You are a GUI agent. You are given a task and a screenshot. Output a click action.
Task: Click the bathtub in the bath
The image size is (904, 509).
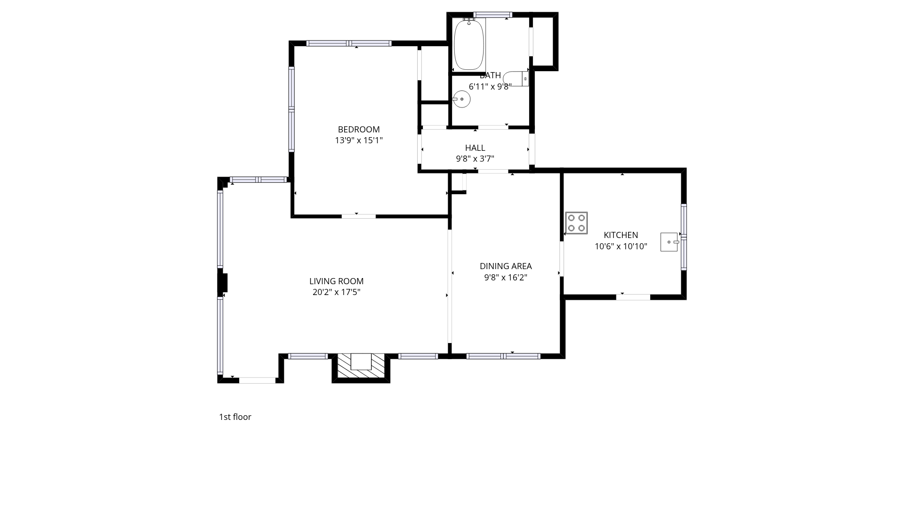point(469,44)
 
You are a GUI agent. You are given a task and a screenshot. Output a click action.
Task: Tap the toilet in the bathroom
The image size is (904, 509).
point(516,79)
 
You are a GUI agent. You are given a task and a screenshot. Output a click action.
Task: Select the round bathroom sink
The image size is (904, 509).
point(461,99)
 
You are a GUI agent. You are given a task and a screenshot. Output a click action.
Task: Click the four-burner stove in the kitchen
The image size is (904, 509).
point(576,223)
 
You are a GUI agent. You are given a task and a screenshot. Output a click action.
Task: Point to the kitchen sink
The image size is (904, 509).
point(670,242)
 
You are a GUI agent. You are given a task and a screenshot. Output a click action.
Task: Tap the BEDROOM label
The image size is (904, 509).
point(359,130)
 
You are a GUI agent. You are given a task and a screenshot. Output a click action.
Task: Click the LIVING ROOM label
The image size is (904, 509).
point(337,281)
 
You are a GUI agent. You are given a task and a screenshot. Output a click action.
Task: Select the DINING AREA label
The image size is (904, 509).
point(506,266)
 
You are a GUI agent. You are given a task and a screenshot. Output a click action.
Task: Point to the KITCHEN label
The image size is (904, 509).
point(621,235)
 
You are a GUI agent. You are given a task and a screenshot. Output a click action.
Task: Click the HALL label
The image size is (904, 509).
point(475,148)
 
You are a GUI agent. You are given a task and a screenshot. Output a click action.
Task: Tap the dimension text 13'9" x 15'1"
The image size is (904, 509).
point(359,140)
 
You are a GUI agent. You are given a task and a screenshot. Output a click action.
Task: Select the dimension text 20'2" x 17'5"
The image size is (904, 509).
point(337,292)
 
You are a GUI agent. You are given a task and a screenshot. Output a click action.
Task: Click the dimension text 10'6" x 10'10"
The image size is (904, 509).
point(621,246)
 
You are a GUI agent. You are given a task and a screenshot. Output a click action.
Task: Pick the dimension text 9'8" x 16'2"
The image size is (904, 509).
point(506,278)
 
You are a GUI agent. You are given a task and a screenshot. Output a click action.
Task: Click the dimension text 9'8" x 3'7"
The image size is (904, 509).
point(475,159)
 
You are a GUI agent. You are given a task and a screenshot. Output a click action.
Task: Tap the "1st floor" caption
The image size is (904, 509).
point(235,417)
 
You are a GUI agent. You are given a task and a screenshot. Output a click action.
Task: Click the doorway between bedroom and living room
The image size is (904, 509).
point(359,216)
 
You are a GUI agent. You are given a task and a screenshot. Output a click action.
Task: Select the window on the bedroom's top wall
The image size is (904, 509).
point(349,43)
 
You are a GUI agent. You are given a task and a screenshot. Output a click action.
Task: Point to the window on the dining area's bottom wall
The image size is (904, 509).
point(503,356)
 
